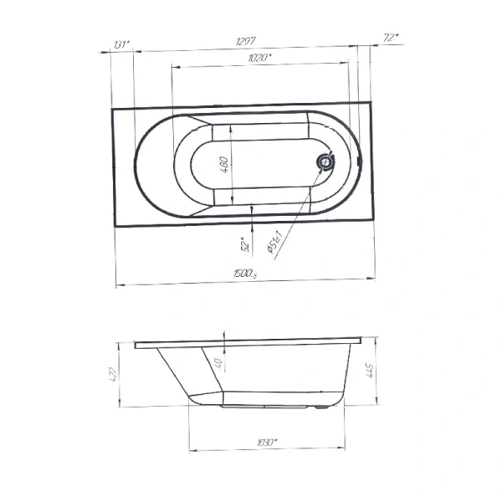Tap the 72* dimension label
point(390,38)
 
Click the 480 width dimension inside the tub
point(224,164)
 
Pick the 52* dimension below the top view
point(245,243)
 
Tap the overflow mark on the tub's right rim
point(359,161)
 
